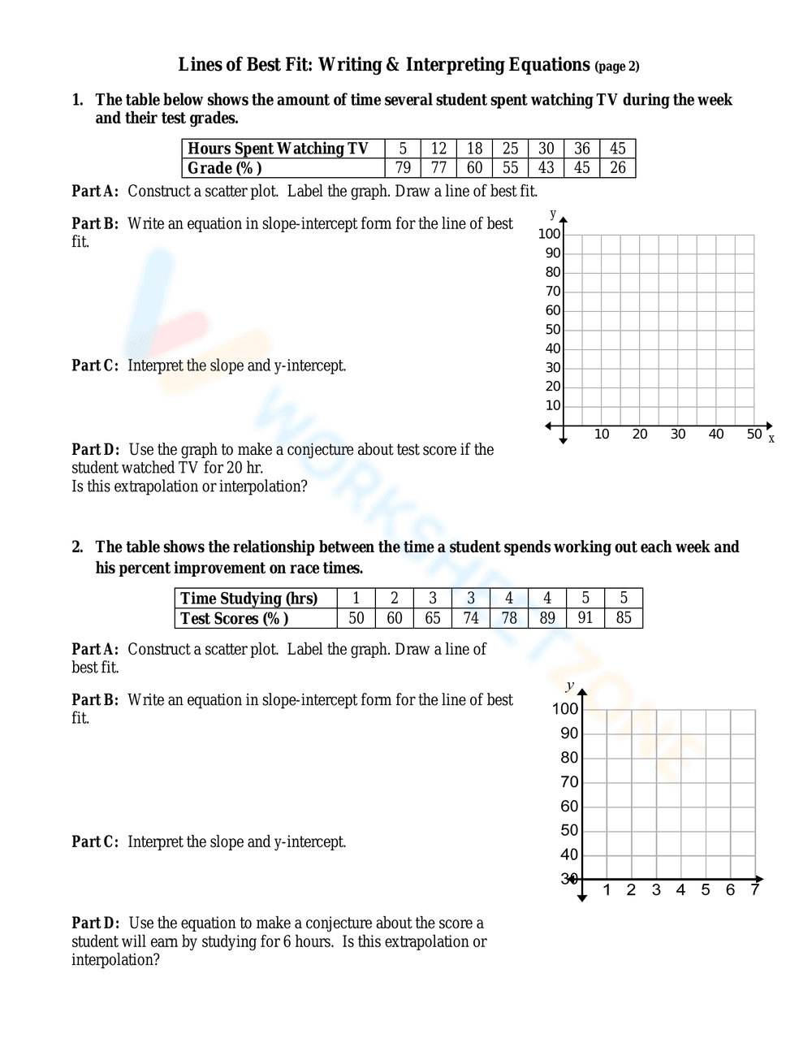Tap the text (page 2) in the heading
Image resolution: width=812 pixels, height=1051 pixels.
click(617, 67)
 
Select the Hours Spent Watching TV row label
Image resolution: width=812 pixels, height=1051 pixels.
click(278, 149)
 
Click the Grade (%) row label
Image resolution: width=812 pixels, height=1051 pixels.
click(225, 168)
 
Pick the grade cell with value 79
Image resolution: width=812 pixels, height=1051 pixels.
click(403, 168)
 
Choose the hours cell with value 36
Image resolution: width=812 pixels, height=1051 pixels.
click(582, 149)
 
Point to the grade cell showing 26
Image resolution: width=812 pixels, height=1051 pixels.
click(618, 168)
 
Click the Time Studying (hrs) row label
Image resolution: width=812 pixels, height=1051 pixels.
click(248, 599)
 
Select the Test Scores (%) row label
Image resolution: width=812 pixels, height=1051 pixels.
click(234, 618)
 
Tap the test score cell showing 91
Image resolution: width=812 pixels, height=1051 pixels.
click(585, 618)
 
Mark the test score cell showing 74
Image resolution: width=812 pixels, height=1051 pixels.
click(471, 618)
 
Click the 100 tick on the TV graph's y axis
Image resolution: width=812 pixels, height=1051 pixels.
click(549, 234)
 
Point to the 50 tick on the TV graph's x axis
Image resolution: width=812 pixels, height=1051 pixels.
click(754, 435)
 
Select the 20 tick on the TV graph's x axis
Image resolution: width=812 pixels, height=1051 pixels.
click(640, 435)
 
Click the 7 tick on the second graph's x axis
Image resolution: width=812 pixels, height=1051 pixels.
click(754, 890)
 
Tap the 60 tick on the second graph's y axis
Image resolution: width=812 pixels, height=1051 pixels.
click(569, 807)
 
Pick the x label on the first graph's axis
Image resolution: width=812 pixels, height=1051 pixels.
click(771, 439)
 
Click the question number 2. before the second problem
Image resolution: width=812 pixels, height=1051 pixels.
click(77, 547)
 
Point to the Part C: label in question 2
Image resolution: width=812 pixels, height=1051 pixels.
click(95, 842)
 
